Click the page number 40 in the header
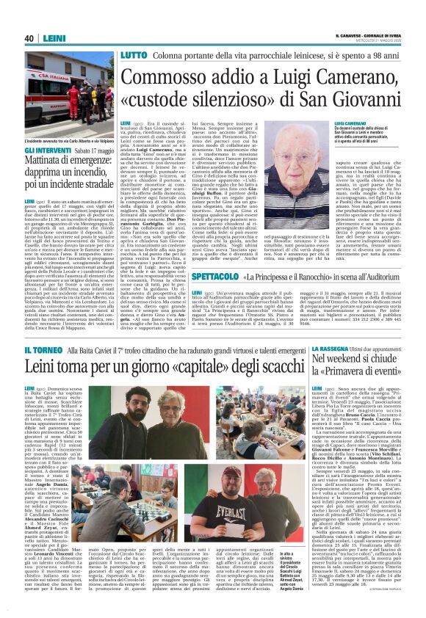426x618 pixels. (29, 38)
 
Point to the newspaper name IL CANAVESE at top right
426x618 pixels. (351, 35)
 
